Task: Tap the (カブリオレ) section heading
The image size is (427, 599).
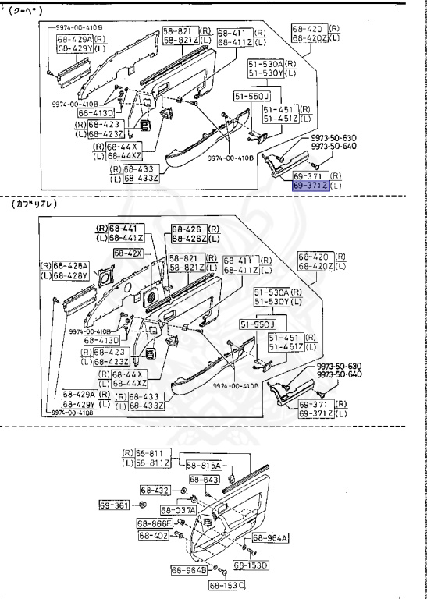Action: click(35, 204)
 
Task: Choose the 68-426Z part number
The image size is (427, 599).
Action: click(189, 238)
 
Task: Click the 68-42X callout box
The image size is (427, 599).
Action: click(128, 253)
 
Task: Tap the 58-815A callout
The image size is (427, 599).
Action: click(206, 465)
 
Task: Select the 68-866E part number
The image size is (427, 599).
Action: click(155, 523)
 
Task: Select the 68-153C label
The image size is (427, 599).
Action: click(226, 585)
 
